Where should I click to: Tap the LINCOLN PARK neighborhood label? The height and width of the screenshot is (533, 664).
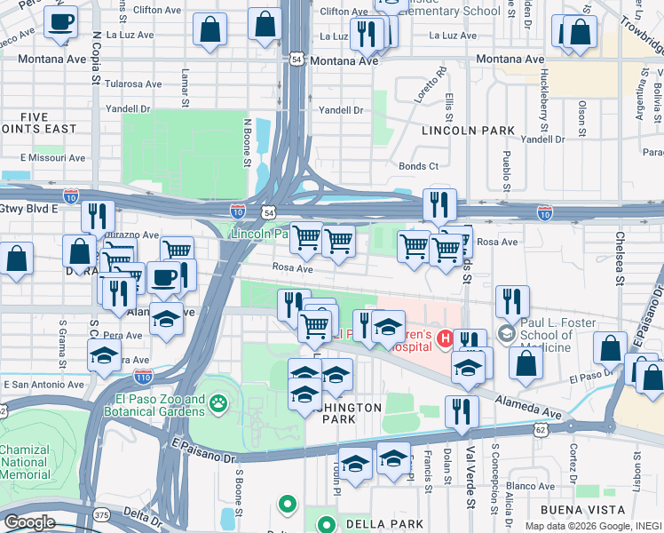(x=468, y=131)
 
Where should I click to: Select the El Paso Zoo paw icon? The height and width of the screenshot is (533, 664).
(x=217, y=406)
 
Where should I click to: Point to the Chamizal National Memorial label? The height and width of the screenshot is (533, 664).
(x=25, y=462)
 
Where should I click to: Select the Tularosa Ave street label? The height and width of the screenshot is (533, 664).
(x=132, y=84)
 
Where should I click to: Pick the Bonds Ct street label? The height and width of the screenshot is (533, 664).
(x=418, y=166)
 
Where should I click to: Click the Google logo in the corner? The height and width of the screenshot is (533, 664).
(x=29, y=522)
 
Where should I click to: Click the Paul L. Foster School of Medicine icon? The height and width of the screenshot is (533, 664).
(x=507, y=335)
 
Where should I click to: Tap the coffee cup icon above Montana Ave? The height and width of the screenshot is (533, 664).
(x=60, y=23)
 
